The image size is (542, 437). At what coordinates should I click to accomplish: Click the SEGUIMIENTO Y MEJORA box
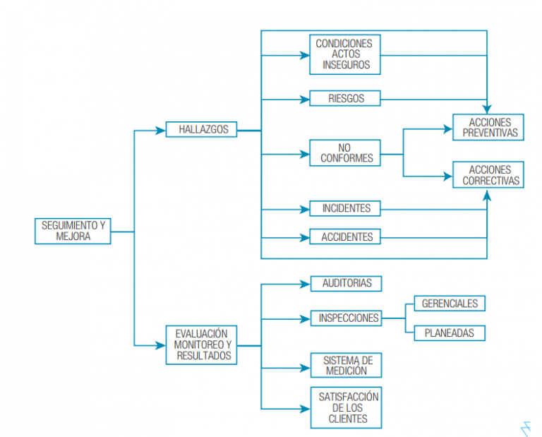pyautogui.click(x=73, y=231)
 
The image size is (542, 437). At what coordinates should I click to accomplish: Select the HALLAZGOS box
pyautogui.click(x=201, y=130)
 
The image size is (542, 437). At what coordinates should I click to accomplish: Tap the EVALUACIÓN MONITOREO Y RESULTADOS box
pyautogui.click(x=203, y=345)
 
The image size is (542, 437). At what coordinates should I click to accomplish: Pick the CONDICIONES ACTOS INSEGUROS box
pyautogui.click(x=345, y=54)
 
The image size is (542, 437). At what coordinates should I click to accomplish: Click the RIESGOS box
pyautogui.click(x=345, y=98)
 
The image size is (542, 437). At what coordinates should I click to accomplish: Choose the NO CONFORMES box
pyautogui.click(x=345, y=153)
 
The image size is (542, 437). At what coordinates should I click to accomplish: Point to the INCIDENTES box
pyautogui.click(x=345, y=209)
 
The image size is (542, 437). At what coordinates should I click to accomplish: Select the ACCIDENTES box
pyautogui.click(x=345, y=237)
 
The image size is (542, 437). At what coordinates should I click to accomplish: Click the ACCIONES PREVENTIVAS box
pyautogui.click(x=488, y=128)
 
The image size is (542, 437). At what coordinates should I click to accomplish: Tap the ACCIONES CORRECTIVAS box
pyautogui.click(x=488, y=175)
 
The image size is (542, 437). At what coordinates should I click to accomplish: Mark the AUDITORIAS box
pyautogui.click(x=346, y=284)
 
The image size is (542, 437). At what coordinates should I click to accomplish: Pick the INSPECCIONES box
pyautogui.click(x=346, y=318)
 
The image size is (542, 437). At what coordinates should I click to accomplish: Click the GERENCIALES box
pyautogui.click(x=450, y=304)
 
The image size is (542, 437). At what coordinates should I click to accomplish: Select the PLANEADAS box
pyautogui.click(x=450, y=333)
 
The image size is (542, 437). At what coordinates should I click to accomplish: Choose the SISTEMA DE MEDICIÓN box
pyautogui.click(x=346, y=365)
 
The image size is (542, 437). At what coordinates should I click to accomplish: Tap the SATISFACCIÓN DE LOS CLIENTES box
pyautogui.click(x=346, y=407)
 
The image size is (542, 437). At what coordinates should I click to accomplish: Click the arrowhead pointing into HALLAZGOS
pyautogui.click(x=160, y=131)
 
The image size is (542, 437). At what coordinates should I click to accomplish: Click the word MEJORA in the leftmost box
pyautogui.click(x=73, y=237)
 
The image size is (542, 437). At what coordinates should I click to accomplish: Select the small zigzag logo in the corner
pyautogui.click(x=523, y=427)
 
